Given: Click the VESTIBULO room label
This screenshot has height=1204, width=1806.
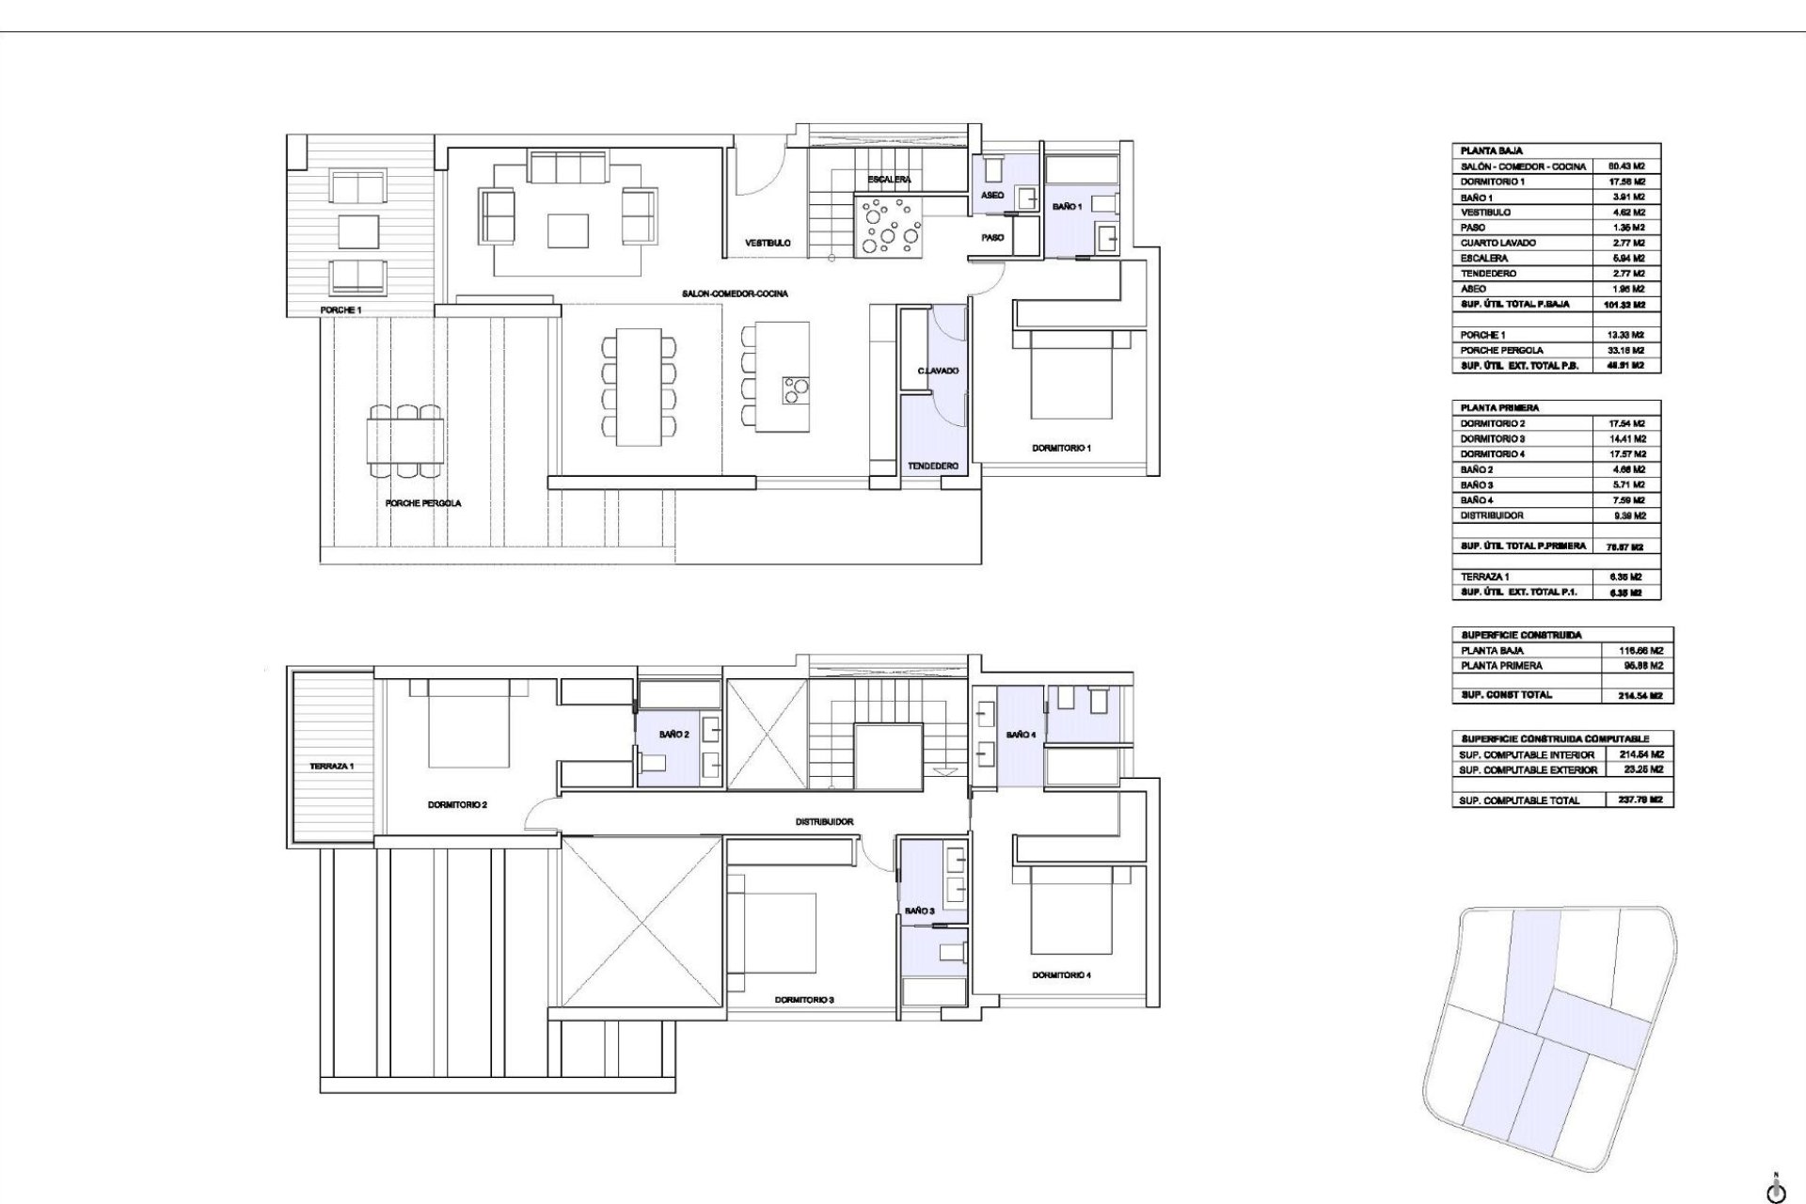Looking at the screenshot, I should click(768, 243).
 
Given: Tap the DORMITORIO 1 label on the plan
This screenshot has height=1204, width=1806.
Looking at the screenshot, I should click(1061, 448).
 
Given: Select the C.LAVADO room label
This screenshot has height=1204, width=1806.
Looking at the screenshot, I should click(938, 371).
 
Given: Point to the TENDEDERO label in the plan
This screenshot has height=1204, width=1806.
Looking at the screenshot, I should click(932, 467).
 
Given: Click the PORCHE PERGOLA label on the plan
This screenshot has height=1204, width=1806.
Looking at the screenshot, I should click(423, 503).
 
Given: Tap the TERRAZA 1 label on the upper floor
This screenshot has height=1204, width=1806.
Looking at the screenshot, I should click(331, 766).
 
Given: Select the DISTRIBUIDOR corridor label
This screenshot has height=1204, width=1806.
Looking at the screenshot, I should click(824, 821).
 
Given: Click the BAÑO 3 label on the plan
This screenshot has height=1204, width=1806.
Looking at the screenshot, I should click(919, 911).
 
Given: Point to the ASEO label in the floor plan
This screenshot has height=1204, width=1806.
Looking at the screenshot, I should click(992, 196).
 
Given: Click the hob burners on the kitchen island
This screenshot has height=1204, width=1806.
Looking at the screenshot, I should click(796, 388).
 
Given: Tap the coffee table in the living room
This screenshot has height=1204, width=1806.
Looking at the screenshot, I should click(570, 229).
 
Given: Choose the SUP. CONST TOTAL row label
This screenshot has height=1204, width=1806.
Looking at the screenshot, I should click(1506, 695).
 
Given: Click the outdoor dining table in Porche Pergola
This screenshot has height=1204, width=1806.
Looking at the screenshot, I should click(405, 442).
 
